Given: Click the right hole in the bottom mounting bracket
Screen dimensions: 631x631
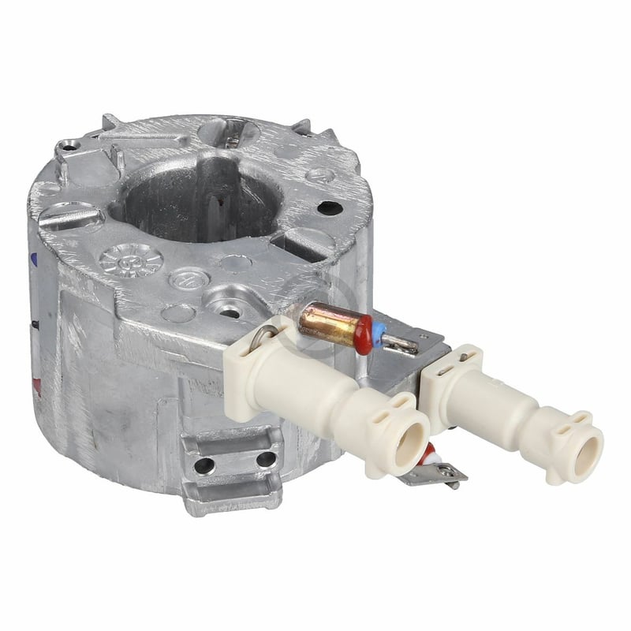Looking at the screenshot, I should coord(266,458).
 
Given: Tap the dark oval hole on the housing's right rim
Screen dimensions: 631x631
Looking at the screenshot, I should coord(330,208).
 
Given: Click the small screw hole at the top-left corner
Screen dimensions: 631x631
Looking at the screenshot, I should coord(69,147).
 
